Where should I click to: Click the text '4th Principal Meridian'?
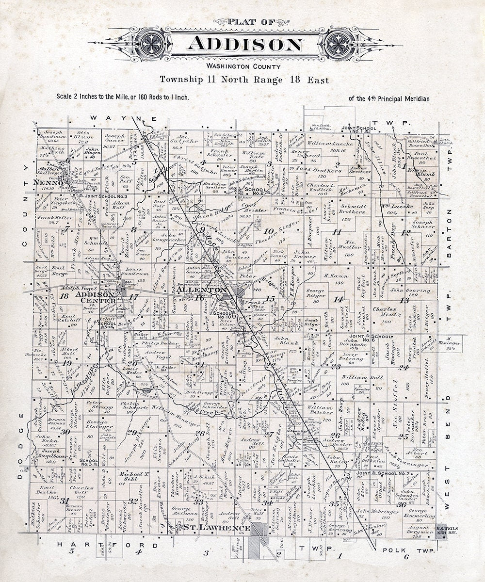tap(389, 98)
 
